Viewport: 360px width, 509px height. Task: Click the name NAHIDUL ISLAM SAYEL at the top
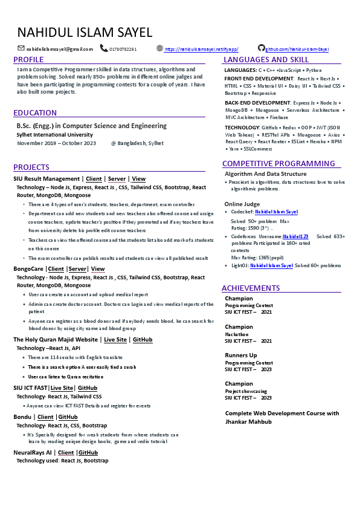pyautogui.click(x=85, y=33)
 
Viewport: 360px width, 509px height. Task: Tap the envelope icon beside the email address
pyautogui.click(x=21, y=48)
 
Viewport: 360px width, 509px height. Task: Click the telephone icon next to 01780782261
pyautogui.click(x=104, y=48)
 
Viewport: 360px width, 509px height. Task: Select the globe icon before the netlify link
pyautogui.click(x=159, y=48)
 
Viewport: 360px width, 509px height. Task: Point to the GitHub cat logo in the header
pyautogui.click(x=261, y=48)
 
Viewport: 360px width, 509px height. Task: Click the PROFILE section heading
pyautogui.click(x=29, y=60)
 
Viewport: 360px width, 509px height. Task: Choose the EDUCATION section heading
pyautogui.click(x=35, y=113)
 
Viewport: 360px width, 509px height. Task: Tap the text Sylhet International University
pyautogui.click(x=55, y=135)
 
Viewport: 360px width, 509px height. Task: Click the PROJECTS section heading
pyautogui.click(x=31, y=167)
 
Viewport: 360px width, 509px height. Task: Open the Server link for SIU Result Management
pyautogui.click(x=117, y=179)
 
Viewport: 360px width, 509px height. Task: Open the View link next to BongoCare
pyautogui.click(x=98, y=268)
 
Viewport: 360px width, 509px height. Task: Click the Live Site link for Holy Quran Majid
pyautogui.click(x=115, y=340)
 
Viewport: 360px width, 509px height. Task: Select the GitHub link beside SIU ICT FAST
pyautogui.click(x=88, y=387)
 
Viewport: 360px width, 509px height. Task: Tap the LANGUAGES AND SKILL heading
pyautogui.click(x=266, y=60)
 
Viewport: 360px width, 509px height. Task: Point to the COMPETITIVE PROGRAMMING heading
pyautogui.click(x=278, y=164)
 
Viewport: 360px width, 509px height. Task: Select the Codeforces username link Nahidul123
pyautogui.click(x=295, y=236)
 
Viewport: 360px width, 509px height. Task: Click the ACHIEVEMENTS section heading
pyautogui.click(x=251, y=288)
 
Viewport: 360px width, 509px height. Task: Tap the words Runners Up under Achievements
pyautogui.click(x=241, y=355)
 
